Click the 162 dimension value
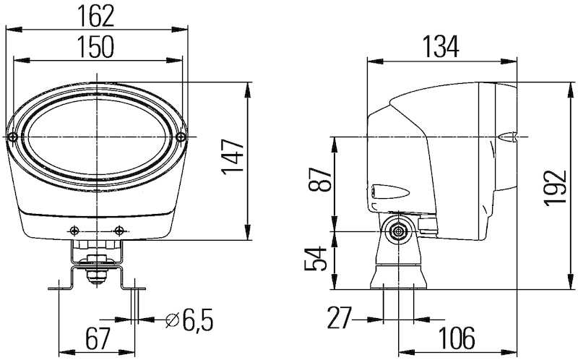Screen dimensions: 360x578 [x=96, y=14]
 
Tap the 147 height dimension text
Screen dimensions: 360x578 [x=233, y=160]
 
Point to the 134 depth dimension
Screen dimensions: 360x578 [x=441, y=46]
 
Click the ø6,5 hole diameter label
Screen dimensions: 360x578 [x=190, y=318]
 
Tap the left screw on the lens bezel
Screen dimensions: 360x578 [x=14, y=137]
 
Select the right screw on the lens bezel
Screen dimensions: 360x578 [x=180, y=137]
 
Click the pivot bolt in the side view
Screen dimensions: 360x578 [x=397, y=231]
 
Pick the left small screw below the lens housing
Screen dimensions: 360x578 [x=74, y=231]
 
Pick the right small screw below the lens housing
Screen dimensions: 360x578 [x=119, y=231]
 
